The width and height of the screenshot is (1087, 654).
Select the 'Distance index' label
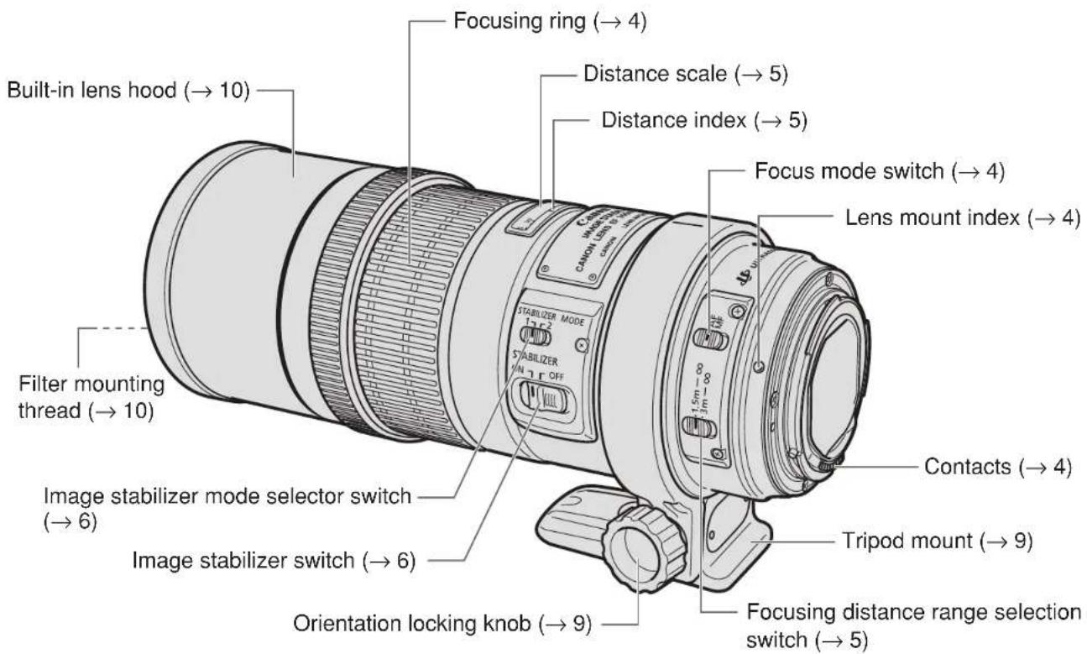tap(704, 121)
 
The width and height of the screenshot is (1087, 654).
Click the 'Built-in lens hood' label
tap(125, 90)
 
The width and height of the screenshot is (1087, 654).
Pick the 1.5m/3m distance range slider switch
tap(701, 428)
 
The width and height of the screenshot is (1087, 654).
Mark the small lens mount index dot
tap(758, 365)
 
